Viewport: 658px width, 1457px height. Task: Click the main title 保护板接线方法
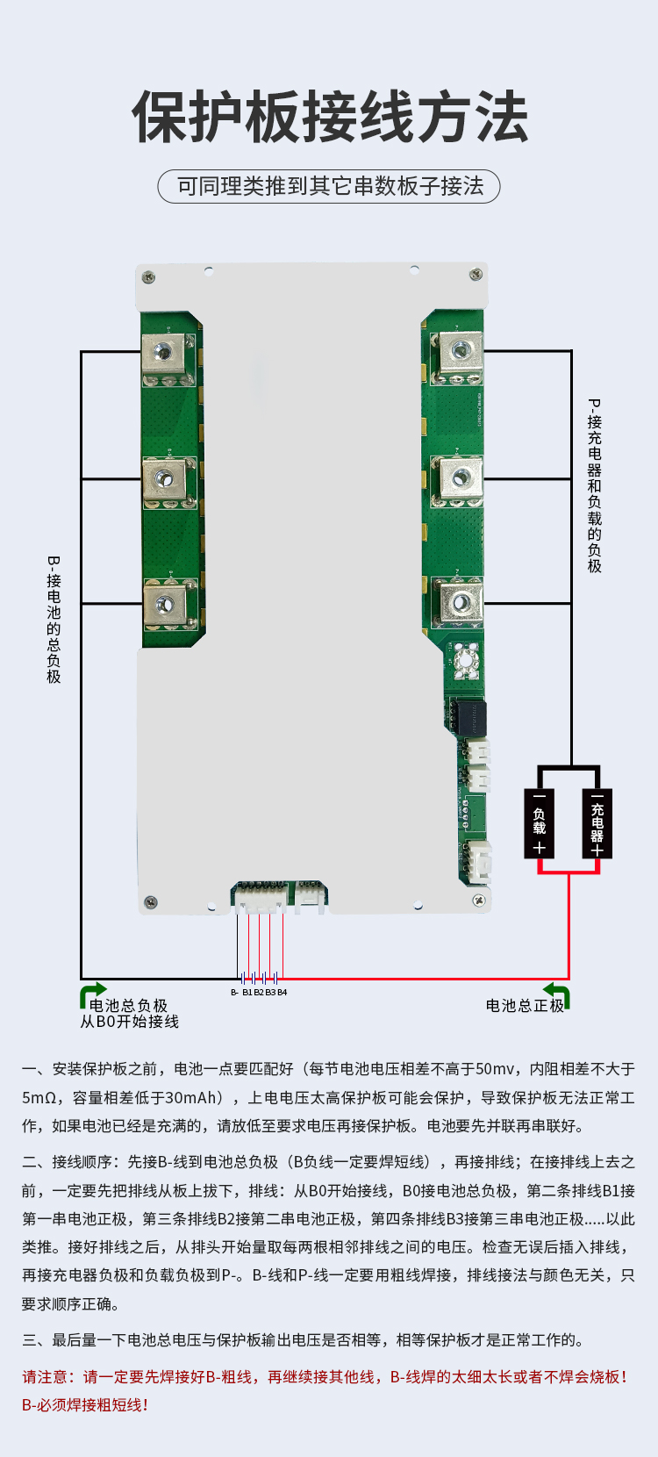click(329, 117)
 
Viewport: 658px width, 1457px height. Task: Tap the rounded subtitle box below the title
click(329, 186)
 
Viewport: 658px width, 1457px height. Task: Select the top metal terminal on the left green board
click(164, 353)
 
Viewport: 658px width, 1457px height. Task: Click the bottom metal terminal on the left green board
click(165, 603)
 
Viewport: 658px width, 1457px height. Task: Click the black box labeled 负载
click(540, 823)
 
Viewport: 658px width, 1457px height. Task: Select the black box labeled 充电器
click(597, 823)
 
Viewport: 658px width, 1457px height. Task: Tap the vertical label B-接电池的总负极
click(54, 620)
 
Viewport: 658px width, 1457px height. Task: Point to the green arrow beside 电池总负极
click(92, 994)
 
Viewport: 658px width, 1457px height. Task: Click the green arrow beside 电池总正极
click(558, 994)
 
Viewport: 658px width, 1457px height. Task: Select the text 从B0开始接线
click(129, 1022)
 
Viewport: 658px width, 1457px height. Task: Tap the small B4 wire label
click(283, 993)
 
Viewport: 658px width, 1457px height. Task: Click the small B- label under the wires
click(234, 993)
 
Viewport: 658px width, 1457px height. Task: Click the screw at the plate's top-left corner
click(149, 278)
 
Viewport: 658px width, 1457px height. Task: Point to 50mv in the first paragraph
click(495, 1069)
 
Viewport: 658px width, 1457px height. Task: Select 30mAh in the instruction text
click(185, 1098)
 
